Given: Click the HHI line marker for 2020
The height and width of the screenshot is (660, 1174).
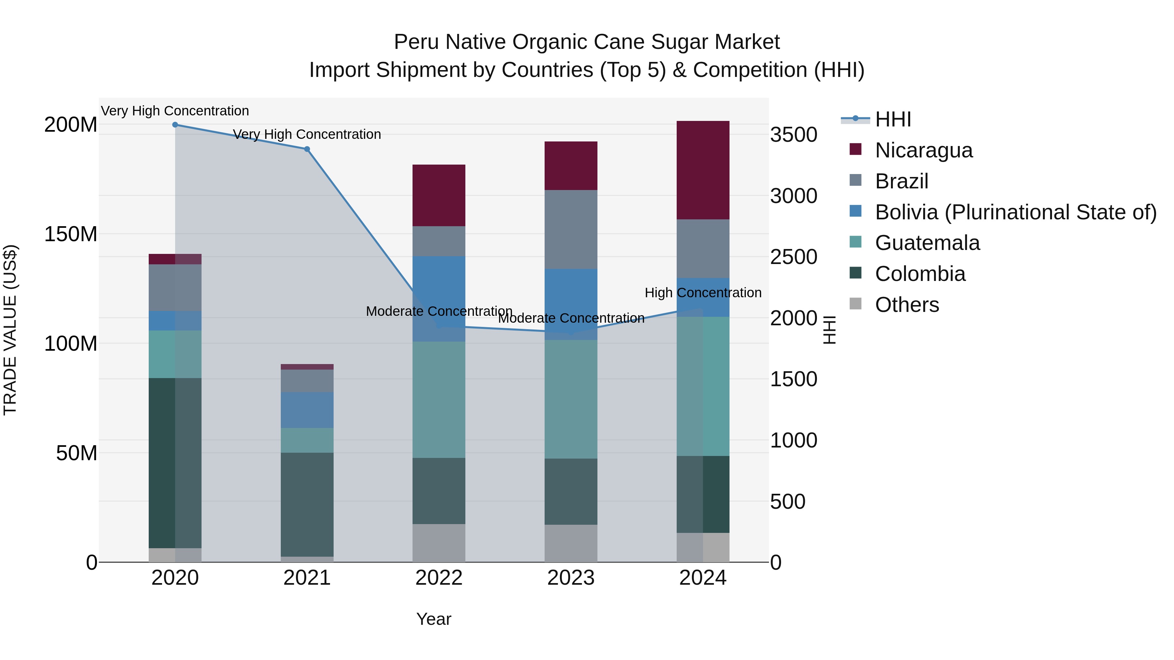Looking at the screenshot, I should [x=175, y=125].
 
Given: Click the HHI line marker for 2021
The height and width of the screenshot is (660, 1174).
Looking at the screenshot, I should [x=307, y=149].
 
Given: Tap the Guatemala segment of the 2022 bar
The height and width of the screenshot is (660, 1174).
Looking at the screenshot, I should [x=438, y=400].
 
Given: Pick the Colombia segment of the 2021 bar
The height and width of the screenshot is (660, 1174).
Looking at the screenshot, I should [x=307, y=504].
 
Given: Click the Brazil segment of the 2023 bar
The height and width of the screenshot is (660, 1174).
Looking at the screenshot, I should [x=571, y=229].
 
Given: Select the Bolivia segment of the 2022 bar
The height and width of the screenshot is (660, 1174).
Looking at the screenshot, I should [x=438, y=291].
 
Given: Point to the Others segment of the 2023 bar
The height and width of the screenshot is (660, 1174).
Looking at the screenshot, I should [x=571, y=543].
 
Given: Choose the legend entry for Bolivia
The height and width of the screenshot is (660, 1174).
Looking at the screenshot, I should [x=1015, y=212].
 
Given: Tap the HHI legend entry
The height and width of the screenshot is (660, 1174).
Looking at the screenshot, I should [x=892, y=119].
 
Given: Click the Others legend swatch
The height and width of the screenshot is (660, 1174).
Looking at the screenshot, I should [x=855, y=304].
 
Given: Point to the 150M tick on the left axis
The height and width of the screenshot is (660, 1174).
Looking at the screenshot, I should [x=71, y=234].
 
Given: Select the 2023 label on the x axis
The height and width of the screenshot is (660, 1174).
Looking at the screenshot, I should [x=571, y=578].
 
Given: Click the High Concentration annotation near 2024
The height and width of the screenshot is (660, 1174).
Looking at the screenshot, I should [x=703, y=293].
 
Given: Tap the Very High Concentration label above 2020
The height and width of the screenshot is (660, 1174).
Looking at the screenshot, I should [x=175, y=111].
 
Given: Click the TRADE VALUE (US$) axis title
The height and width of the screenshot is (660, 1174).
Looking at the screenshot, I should [x=10, y=330].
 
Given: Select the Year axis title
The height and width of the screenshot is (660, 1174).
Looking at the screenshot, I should [x=433, y=619].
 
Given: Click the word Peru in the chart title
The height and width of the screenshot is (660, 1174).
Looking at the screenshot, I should [x=417, y=42].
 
